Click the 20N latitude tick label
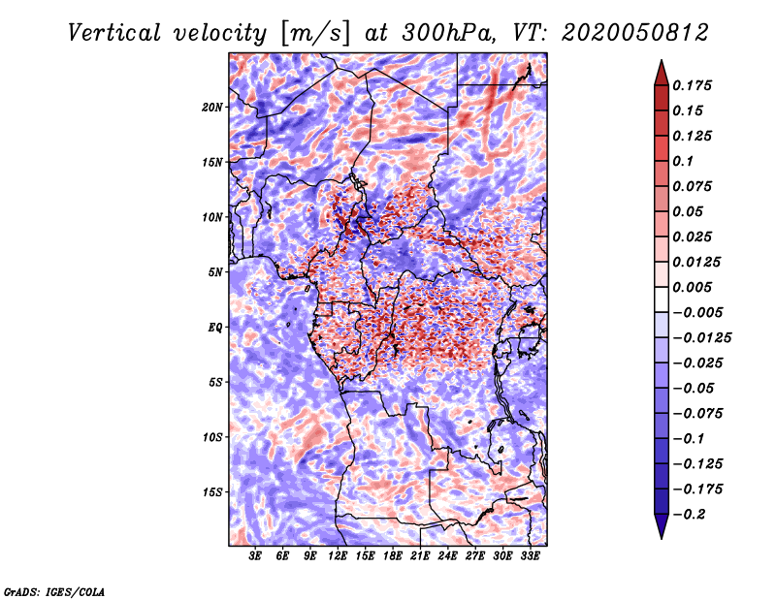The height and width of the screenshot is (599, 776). click(212, 107)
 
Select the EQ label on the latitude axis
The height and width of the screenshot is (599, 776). click(214, 328)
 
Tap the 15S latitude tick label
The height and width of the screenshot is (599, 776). click(212, 492)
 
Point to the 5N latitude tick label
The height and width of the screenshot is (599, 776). click(215, 272)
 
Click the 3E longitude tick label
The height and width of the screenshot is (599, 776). click(255, 556)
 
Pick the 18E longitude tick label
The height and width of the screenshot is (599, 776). click(393, 556)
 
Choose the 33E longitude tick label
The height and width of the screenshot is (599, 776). click(530, 556)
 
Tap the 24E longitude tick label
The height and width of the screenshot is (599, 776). click(447, 556)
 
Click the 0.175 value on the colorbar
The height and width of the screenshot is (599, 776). click(692, 85)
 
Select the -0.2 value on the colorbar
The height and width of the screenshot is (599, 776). click(689, 515)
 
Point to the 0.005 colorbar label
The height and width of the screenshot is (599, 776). click(692, 287)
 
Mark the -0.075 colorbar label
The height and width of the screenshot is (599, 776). click(697, 414)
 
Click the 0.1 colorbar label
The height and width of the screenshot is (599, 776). click(683, 161)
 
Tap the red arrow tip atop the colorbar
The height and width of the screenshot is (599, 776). click(662, 61)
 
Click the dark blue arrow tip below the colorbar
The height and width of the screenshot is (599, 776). click(662, 537)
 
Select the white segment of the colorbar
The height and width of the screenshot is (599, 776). click(662, 299)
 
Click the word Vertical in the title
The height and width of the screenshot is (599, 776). click(114, 33)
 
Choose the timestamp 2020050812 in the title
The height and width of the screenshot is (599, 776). click(635, 33)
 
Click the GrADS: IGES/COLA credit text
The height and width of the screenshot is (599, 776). click(54, 591)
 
